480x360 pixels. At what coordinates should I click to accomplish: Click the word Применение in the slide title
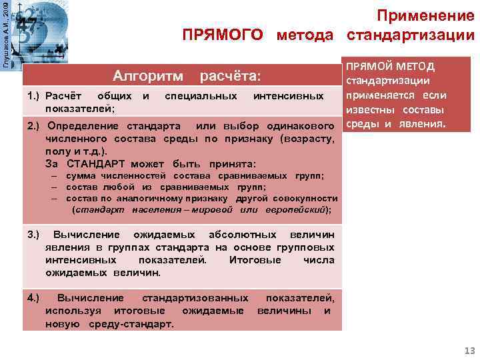(426, 14)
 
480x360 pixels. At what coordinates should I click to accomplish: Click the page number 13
(465, 351)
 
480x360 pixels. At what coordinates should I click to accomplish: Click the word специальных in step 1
(201, 97)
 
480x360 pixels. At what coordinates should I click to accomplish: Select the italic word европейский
(299, 209)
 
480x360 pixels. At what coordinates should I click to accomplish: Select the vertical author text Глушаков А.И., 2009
(6, 33)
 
